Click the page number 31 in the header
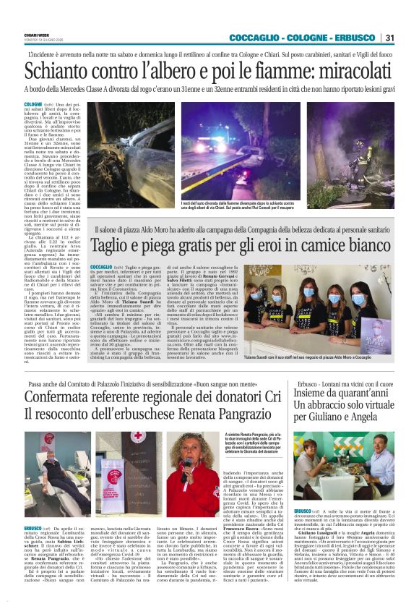click(x=389, y=38)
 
